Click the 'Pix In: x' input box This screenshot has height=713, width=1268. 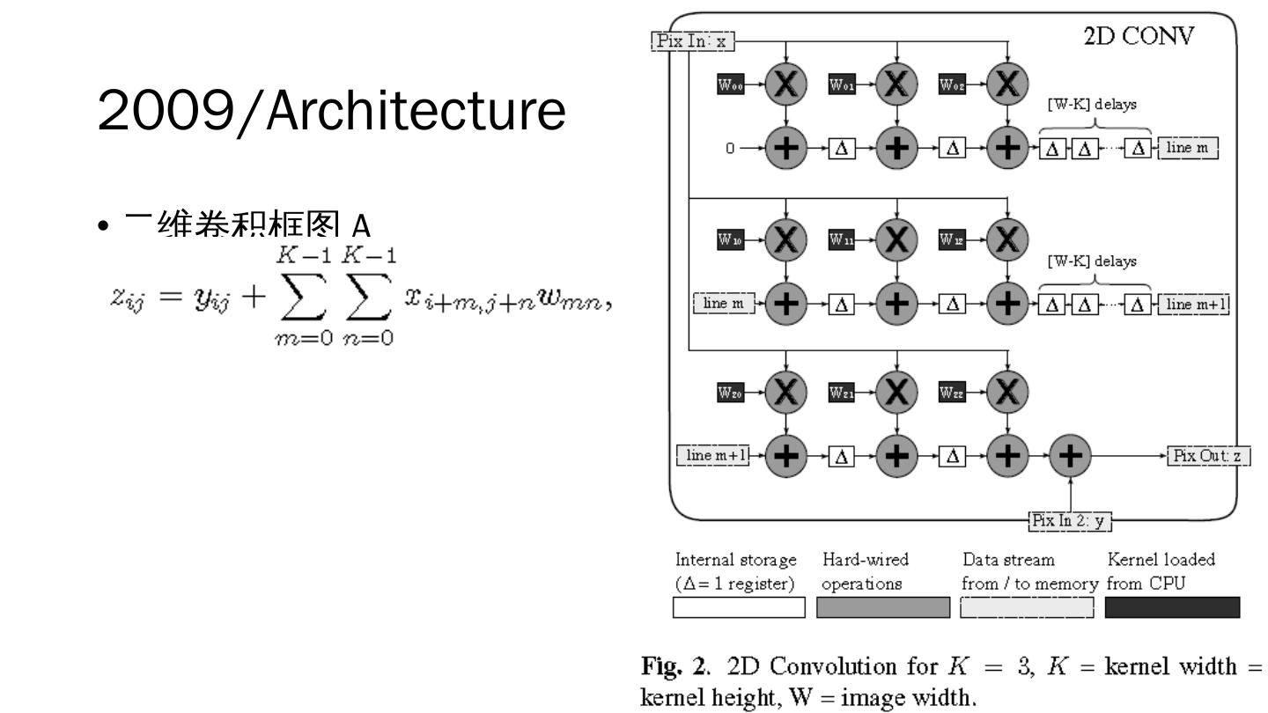point(692,40)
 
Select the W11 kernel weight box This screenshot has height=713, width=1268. point(842,239)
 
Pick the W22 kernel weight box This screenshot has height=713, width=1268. point(953,393)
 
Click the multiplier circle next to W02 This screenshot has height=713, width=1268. point(1007,85)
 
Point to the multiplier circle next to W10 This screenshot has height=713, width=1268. point(785,239)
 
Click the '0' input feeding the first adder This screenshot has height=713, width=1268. point(730,149)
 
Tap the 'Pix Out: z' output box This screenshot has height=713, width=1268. point(1208,456)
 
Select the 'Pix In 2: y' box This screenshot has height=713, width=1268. point(1070,521)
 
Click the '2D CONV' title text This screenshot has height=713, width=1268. point(1139,37)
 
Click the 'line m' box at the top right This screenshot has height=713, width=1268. point(1188,148)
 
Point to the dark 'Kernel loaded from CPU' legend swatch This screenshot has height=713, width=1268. point(1172,607)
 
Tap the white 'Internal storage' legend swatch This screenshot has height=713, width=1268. point(739,607)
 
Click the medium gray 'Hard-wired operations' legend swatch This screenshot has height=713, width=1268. point(883,607)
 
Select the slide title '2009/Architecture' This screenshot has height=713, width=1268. point(331,111)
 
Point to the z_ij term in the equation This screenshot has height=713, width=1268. point(133,296)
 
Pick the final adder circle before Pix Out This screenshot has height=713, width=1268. point(1070,456)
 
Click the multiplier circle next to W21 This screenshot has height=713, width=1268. point(896,393)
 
